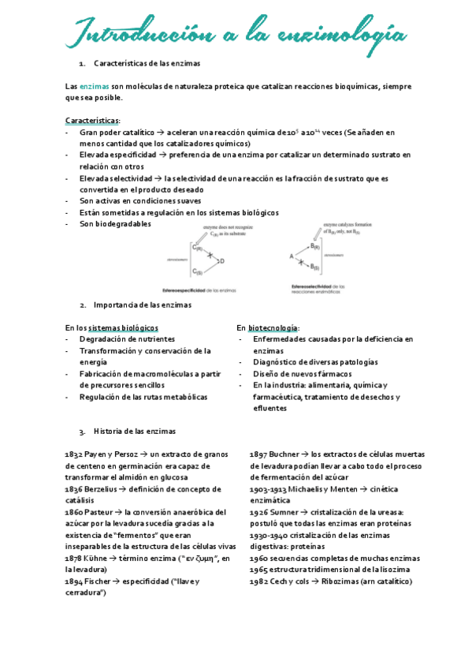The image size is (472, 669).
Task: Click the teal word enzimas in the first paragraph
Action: click(x=95, y=86)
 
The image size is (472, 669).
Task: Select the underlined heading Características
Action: click(x=91, y=121)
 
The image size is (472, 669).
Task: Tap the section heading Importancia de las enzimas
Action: click(x=142, y=305)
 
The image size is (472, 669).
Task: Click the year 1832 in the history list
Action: click(x=73, y=455)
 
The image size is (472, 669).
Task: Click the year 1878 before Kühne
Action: click(x=73, y=558)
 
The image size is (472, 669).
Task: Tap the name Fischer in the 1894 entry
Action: click(x=99, y=581)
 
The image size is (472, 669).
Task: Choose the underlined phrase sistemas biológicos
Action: click(x=123, y=327)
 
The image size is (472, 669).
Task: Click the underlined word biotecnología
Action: click(x=273, y=327)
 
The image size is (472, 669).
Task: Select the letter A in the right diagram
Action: click(x=290, y=256)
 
